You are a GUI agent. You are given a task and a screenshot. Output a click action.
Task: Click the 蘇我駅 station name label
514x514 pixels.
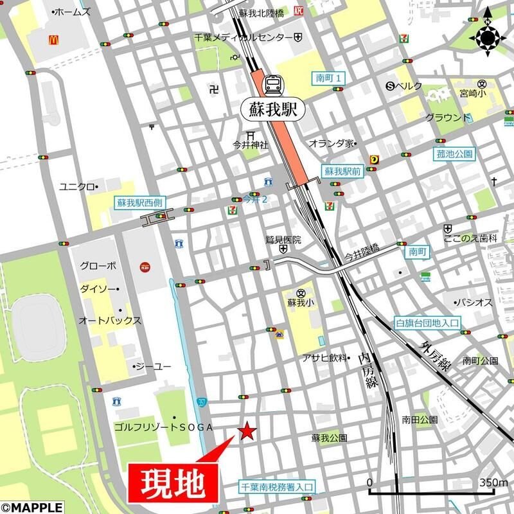point(272,108)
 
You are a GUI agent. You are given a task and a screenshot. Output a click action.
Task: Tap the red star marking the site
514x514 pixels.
point(246,432)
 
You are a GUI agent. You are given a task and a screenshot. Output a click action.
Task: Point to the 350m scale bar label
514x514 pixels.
point(493,483)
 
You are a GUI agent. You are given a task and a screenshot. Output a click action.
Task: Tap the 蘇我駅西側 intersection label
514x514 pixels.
point(139,202)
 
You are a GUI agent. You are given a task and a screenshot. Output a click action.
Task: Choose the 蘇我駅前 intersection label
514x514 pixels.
point(342,172)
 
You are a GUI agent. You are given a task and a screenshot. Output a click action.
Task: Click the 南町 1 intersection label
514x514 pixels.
point(331,78)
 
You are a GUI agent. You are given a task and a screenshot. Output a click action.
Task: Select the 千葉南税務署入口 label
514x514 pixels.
point(277,488)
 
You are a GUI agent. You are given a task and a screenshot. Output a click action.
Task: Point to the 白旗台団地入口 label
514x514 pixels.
point(427,323)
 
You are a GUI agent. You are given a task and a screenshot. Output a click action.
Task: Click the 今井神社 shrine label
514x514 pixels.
point(251,146)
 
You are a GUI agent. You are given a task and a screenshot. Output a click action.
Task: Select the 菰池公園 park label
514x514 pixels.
point(454,154)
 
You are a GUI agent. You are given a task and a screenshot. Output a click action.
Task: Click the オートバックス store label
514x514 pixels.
point(100,319)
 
